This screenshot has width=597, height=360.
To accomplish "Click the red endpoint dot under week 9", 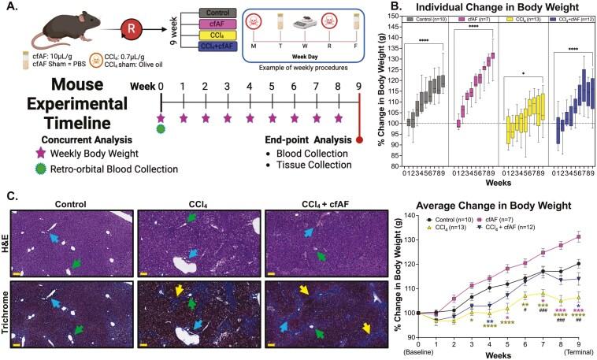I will tap(359, 141).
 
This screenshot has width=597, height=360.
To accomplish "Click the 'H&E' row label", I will tap(6, 239).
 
